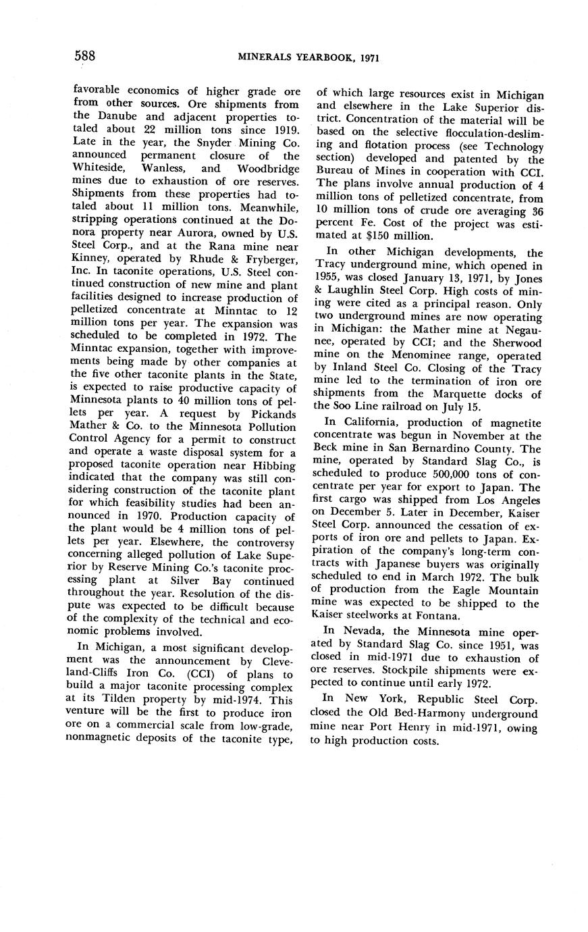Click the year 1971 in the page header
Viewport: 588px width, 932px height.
pos(365,58)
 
